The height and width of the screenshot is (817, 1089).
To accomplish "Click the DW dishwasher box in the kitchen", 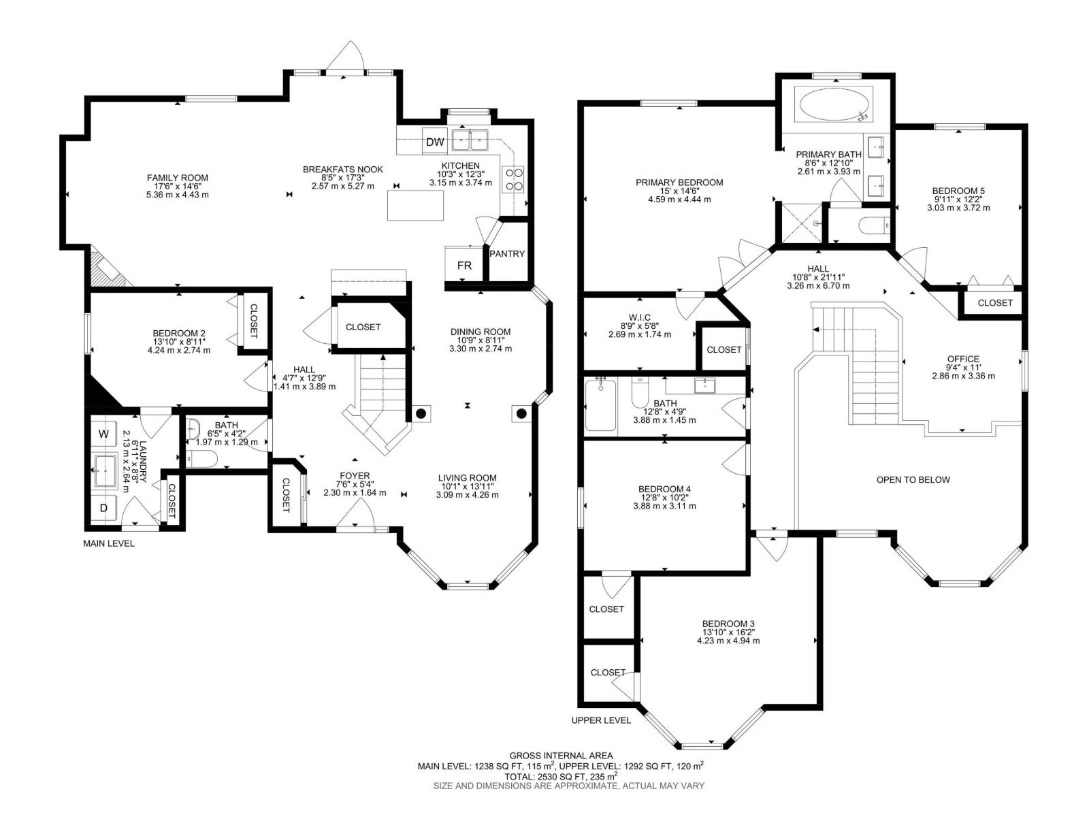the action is pyautogui.click(x=435, y=142).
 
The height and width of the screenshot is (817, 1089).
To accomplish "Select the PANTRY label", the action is pyautogui.click(x=507, y=253).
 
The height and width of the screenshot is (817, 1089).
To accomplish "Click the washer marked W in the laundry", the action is pyautogui.click(x=103, y=434).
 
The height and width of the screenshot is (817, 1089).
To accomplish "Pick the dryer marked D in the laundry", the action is pyautogui.click(x=103, y=507).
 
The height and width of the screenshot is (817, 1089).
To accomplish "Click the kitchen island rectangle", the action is pyautogui.click(x=415, y=205).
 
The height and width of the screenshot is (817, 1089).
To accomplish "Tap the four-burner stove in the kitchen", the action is pyautogui.click(x=513, y=180).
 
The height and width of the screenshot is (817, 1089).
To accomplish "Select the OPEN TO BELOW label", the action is pyautogui.click(x=913, y=480).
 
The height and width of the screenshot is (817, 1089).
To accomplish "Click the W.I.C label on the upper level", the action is pyautogui.click(x=640, y=317).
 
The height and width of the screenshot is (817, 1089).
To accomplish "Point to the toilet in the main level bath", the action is pyautogui.click(x=201, y=459).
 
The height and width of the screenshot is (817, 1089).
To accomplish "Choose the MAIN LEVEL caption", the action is pyautogui.click(x=109, y=543).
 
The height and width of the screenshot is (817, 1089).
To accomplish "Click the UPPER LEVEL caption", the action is pyautogui.click(x=601, y=720).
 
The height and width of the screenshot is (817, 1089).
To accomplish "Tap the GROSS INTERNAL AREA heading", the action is pyautogui.click(x=561, y=756).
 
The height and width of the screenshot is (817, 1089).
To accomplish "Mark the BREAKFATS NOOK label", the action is pyautogui.click(x=343, y=169).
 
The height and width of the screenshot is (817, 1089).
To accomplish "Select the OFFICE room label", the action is pyautogui.click(x=963, y=359).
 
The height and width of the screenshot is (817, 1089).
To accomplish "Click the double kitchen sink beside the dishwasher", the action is pyautogui.click(x=470, y=140).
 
